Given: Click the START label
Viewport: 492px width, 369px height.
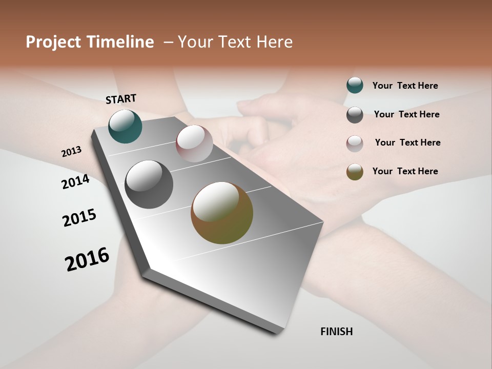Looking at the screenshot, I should coord(121,99).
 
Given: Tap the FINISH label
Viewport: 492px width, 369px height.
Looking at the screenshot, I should coord(337,332).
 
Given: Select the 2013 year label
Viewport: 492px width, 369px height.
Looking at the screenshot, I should coord(72,152).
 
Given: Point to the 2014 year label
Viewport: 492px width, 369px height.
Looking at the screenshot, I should coord(75,182).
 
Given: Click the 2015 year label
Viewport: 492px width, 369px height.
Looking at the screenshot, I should coord(79,218).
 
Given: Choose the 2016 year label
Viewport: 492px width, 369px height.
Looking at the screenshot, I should coord(87,259).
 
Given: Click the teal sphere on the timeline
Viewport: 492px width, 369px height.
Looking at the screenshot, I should coord(125,127).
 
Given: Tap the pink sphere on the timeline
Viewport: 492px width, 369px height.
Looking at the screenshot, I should coord(194,143).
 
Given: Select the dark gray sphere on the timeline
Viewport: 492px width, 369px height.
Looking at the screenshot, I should coord(149,184).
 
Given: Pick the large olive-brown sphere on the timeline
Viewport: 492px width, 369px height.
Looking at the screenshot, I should coord(222,213).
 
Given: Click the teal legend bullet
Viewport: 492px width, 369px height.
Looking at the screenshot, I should coord(355,85).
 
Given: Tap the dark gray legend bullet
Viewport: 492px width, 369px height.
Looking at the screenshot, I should coord(355,115).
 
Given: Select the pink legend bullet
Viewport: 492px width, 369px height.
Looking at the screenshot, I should coord(355,143).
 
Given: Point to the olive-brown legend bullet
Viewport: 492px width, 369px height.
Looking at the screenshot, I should coord(355,172).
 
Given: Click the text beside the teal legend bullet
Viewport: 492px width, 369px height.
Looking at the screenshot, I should coord(405,86).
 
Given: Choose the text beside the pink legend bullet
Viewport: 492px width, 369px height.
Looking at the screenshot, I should coord(407,142).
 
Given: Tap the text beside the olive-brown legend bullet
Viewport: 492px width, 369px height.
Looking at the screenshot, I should coord(405,171).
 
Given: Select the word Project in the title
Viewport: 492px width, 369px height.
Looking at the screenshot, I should coord(53,42).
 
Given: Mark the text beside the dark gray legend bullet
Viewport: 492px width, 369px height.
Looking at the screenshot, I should coord(407,114).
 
